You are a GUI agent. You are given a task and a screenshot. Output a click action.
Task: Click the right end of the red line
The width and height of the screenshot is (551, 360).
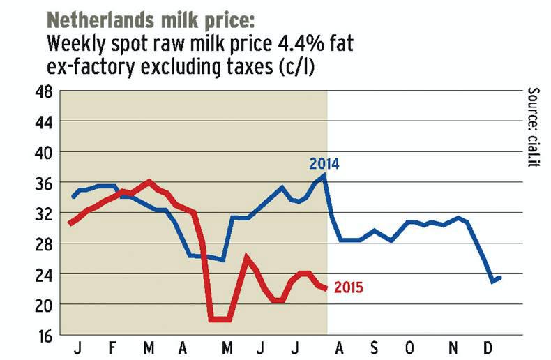tap(326, 289)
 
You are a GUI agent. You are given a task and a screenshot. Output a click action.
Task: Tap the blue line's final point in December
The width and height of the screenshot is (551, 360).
tap(501, 278)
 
